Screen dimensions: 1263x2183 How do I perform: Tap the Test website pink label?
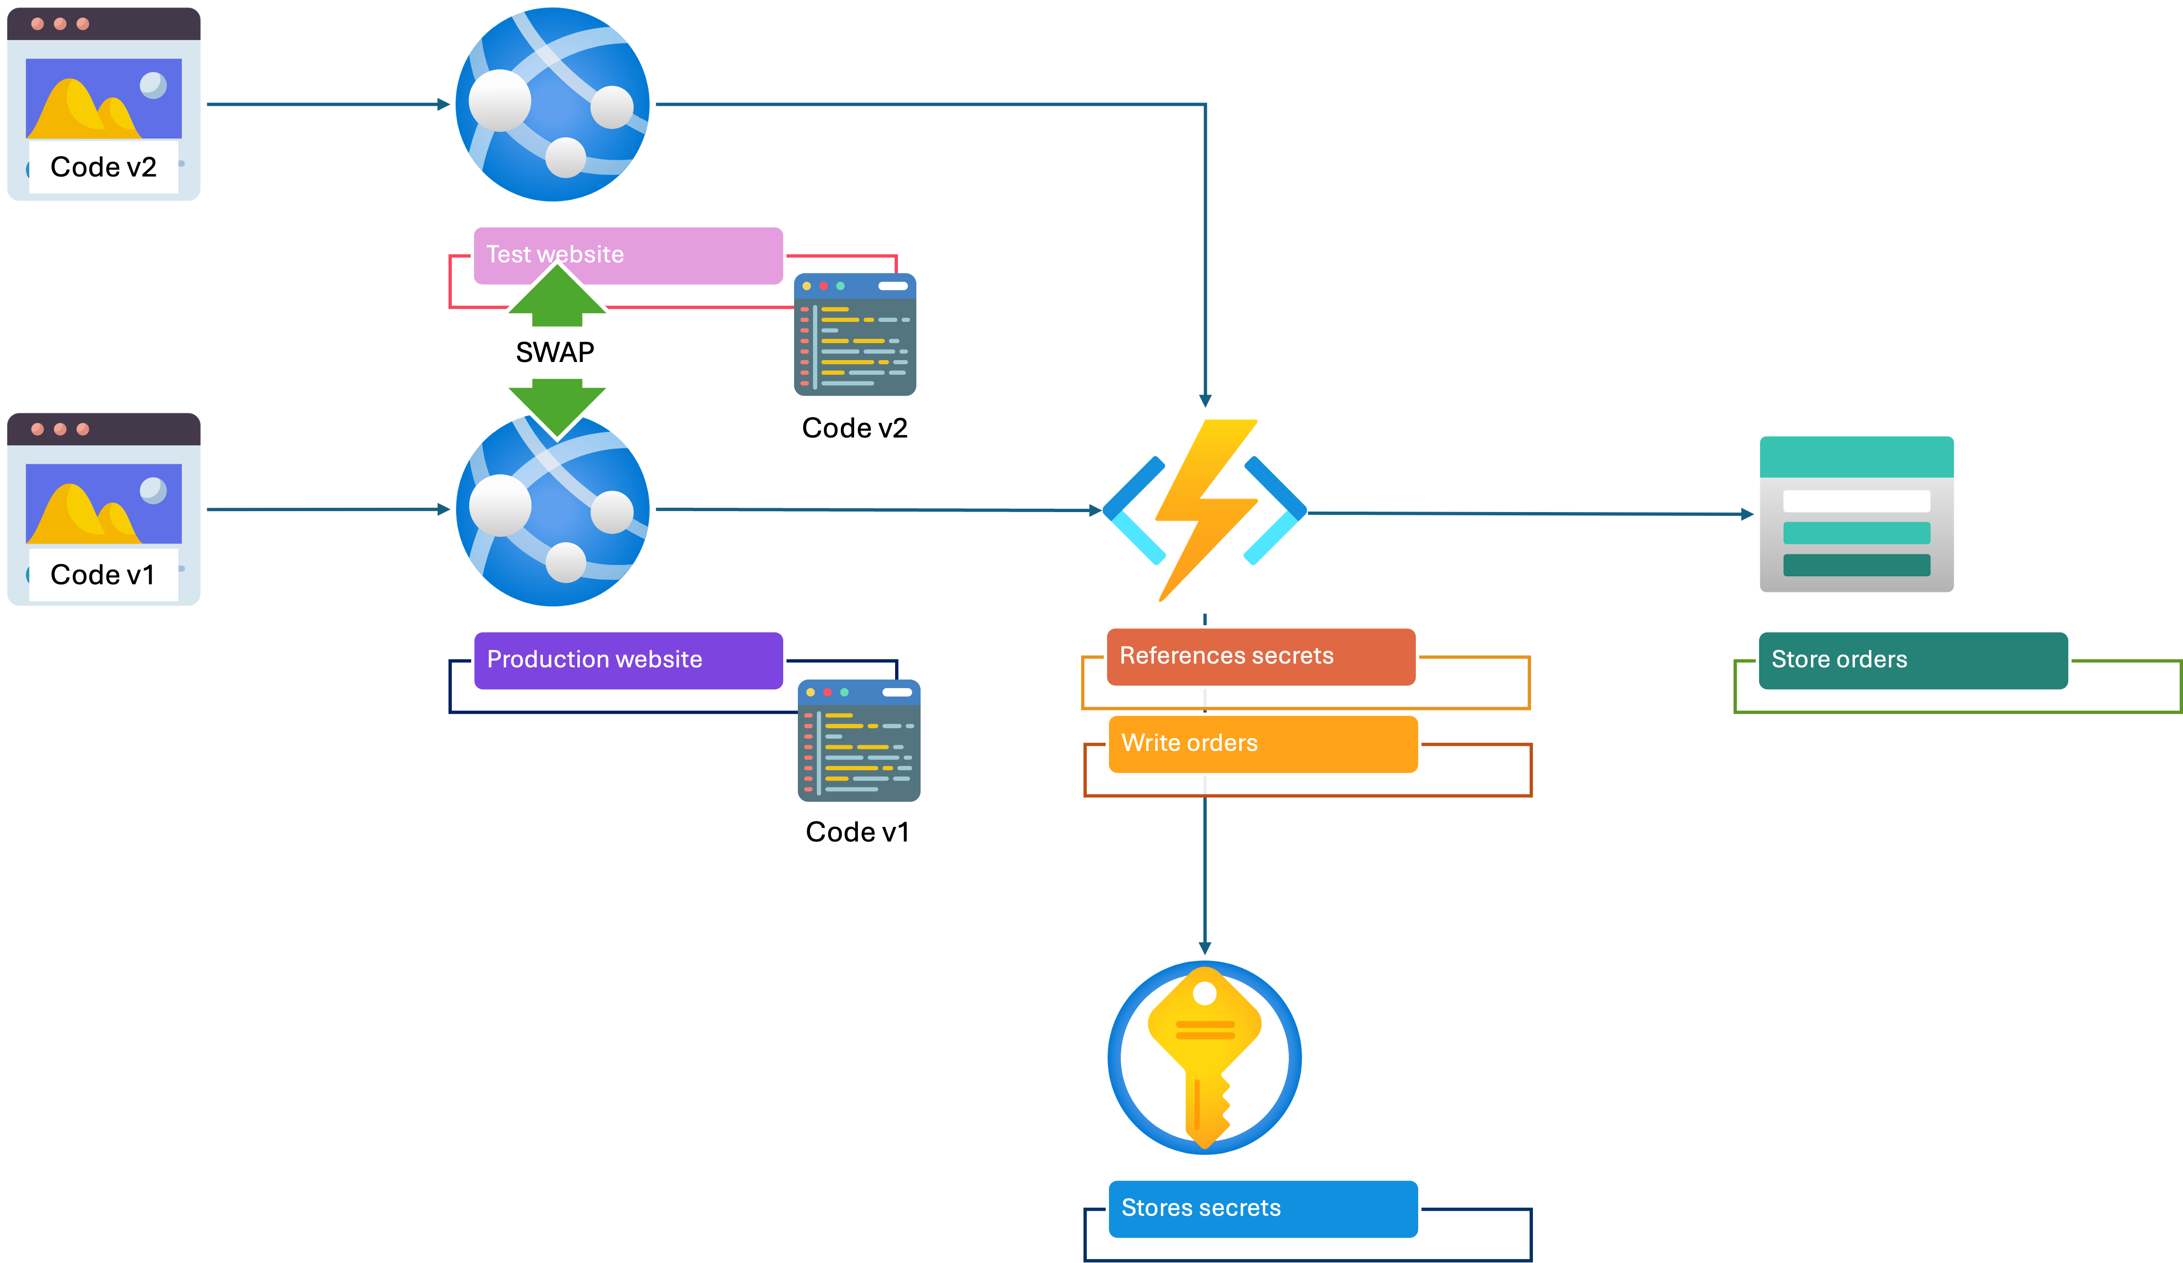pyautogui.click(x=628, y=254)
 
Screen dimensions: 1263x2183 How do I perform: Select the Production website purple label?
pyautogui.click(x=628, y=659)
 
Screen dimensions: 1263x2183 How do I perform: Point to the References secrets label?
pyautogui.click(x=1261, y=656)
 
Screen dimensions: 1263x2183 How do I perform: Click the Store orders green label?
pyautogui.click(x=1912, y=659)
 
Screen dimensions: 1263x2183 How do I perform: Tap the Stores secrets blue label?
pyautogui.click(x=1262, y=1208)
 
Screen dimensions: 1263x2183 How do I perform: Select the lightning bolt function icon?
pyautogui.click(x=1205, y=511)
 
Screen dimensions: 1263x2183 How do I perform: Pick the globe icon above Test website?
pyautogui.click(x=554, y=104)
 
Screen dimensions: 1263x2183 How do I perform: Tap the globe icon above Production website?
pyautogui.click(x=554, y=511)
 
